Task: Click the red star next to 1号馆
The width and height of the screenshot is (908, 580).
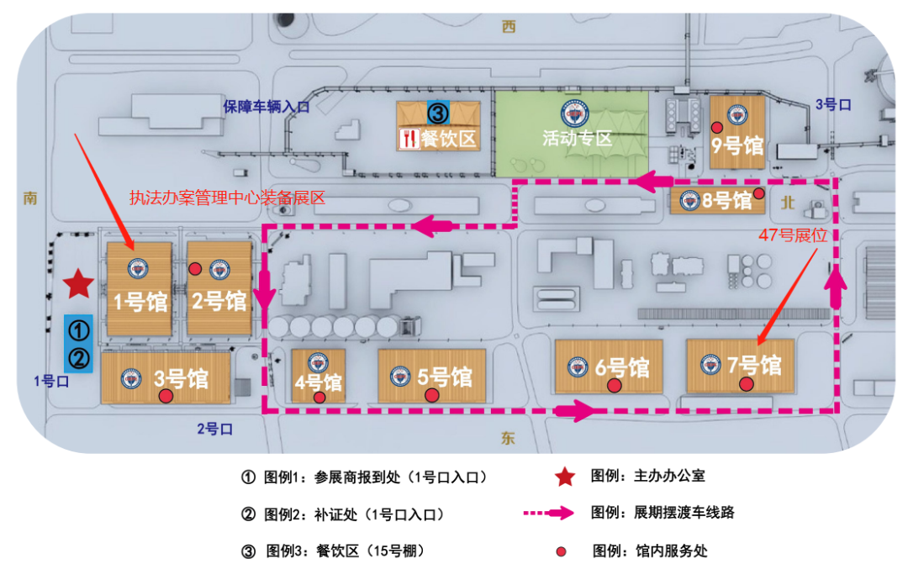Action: click(x=78, y=284)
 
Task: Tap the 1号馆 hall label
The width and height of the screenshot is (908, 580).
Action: click(x=140, y=301)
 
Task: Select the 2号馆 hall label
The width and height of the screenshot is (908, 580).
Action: click(x=219, y=300)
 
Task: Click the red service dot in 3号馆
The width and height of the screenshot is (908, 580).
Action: click(x=166, y=395)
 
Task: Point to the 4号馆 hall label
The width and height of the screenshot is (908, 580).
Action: click(x=318, y=382)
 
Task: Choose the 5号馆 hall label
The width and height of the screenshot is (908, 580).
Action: click(x=445, y=377)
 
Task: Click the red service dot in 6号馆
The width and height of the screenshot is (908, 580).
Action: click(x=615, y=386)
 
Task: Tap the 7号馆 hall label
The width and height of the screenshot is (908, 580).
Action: click(x=754, y=366)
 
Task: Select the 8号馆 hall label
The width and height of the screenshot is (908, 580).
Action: click(x=726, y=201)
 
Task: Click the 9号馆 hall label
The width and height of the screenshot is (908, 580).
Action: click(x=737, y=145)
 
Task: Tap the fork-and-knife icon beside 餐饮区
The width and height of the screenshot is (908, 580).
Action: click(x=409, y=138)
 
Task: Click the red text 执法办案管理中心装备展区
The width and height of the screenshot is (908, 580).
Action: click(x=226, y=198)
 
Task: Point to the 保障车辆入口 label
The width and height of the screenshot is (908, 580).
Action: click(x=267, y=106)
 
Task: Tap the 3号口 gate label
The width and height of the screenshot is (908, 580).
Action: click(x=834, y=104)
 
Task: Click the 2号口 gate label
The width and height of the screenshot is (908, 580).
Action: click(x=214, y=430)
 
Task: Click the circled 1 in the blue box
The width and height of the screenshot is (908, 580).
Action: click(x=78, y=329)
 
